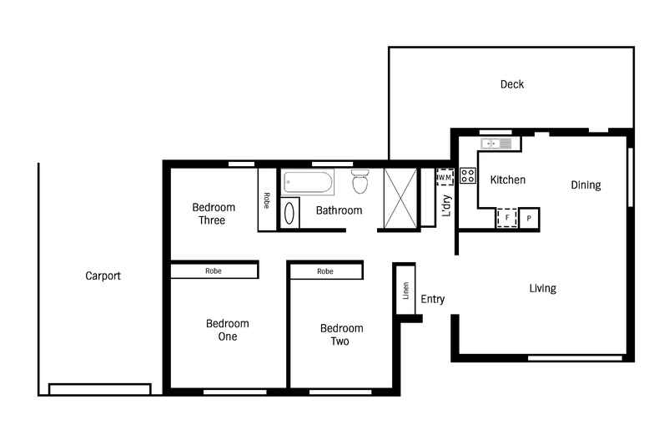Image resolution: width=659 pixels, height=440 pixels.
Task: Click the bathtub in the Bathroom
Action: coord(308,181)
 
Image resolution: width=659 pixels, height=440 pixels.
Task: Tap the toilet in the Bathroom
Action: coord(360,181)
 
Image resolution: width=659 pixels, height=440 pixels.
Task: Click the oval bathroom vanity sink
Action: coord(289,214)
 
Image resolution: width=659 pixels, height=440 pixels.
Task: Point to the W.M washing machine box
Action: coord(445,177)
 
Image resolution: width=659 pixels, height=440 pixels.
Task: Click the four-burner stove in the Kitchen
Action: coord(468,175)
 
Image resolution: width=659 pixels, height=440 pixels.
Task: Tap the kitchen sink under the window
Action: coord(498,144)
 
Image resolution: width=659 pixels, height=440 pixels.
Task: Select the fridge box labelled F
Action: coord(506,218)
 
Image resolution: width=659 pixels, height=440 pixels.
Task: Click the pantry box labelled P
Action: coord(530,218)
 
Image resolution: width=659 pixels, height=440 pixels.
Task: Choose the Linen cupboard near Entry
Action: coord(406,291)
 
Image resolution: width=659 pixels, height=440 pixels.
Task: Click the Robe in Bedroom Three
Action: coord(267,200)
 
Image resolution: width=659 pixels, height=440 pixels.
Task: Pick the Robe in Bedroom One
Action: coord(214,271)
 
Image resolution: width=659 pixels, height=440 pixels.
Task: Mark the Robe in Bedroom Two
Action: coord(325,271)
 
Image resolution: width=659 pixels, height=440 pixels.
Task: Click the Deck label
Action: coord(511,84)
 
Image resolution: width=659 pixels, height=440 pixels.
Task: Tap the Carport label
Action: coord(103,276)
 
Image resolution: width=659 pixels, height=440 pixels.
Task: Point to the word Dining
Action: coord(586,185)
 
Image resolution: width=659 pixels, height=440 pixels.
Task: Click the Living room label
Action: coord(542,289)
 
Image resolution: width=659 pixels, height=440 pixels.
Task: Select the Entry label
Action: coord(432,299)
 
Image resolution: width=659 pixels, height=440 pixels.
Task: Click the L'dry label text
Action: coord(446,205)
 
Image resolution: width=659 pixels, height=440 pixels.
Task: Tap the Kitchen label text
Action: coord(507,180)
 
